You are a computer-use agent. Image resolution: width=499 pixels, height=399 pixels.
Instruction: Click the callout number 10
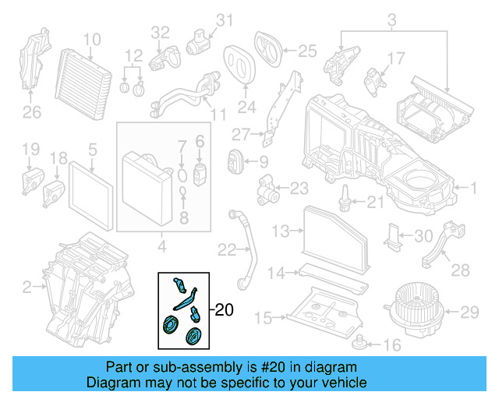[92, 38]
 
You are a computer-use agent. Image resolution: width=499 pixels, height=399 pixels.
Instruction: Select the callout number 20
[223, 310]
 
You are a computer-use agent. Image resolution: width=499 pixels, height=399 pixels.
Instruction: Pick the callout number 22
[227, 249]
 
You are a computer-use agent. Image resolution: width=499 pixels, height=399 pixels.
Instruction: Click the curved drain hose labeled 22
[245, 242]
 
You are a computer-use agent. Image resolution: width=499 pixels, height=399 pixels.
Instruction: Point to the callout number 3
[391, 19]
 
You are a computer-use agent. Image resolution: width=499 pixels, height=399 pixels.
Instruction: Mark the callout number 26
[31, 113]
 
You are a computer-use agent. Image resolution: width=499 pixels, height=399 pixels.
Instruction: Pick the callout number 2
[27, 288]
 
